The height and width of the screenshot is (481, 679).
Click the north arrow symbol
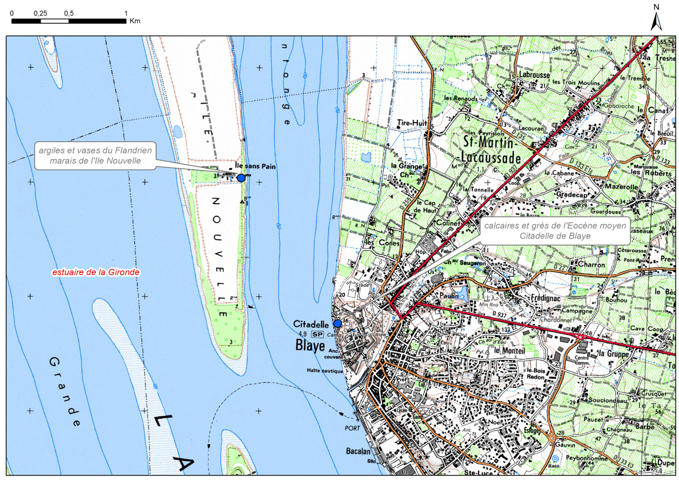coord(656,20)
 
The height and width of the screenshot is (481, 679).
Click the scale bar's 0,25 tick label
coord(40,13)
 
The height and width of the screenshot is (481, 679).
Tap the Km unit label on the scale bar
coord(135,21)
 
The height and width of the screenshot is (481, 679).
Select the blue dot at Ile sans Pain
coord(241,178)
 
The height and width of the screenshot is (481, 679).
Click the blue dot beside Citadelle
coord(337,323)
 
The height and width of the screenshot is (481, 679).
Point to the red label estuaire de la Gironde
coord(95,272)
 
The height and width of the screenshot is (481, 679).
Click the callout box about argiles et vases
coord(95,155)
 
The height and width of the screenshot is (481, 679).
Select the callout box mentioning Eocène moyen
coord(555,231)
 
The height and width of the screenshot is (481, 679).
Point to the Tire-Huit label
coord(410,124)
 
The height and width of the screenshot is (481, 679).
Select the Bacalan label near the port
coord(358,450)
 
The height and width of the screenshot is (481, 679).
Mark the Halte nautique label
coord(324,370)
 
